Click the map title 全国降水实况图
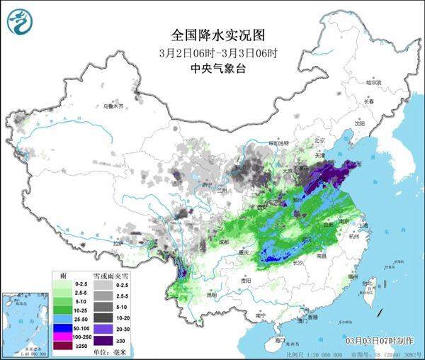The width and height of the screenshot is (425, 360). pos(212,33)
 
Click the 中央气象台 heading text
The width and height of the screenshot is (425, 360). pos(212,69)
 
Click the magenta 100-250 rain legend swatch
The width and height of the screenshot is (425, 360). pos(62,337)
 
